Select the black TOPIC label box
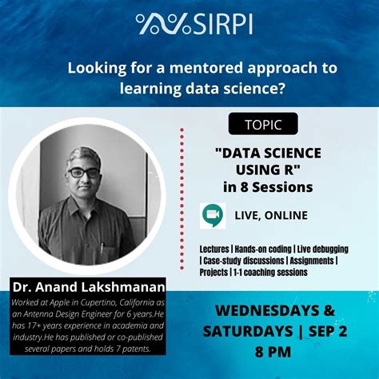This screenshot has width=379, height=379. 263,125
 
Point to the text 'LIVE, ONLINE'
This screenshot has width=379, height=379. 271,216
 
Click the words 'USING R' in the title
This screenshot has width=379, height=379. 268,170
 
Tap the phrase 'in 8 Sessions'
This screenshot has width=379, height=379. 268,187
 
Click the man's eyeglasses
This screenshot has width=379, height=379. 83,172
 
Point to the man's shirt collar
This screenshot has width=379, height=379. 86,209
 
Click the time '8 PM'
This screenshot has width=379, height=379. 268,350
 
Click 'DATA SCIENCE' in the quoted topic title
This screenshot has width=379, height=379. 268,153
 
